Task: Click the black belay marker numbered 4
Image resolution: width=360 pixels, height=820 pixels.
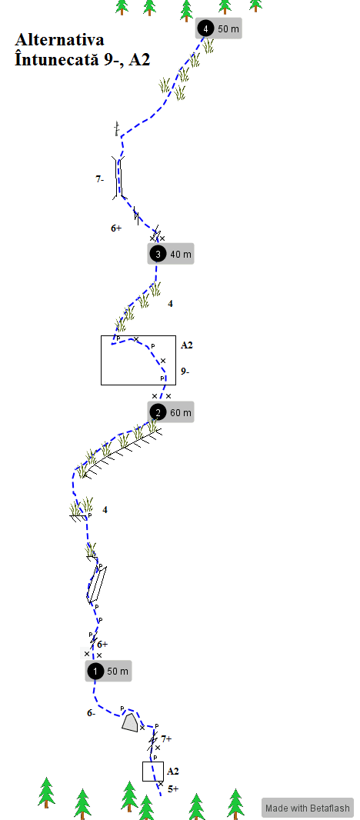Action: [x=205, y=28]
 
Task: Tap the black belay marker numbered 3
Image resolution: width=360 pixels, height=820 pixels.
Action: [x=158, y=254]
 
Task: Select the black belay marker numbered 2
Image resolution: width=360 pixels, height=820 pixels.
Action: [x=158, y=412]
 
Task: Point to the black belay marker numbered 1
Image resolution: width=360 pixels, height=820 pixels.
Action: [x=95, y=671]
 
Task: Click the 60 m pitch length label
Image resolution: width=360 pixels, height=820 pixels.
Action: [x=181, y=412]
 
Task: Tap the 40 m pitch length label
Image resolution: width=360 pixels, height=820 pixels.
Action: [x=181, y=255]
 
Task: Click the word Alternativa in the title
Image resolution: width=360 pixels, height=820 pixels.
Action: [x=59, y=40]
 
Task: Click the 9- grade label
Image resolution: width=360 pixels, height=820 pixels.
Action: [x=185, y=372]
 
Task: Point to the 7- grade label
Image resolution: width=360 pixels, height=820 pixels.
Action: [x=100, y=179]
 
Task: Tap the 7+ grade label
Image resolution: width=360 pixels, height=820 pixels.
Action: [x=166, y=739]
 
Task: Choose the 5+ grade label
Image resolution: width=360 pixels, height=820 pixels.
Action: [x=173, y=788]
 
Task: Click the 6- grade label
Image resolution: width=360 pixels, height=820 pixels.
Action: [x=92, y=712]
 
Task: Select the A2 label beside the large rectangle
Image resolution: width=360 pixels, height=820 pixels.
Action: [x=188, y=345]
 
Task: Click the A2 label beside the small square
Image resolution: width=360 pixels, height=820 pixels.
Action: [x=173, y=771]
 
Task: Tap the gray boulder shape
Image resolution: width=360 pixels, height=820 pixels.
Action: [x=130, y=723]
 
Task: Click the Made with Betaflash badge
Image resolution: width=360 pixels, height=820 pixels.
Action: [x=308, y=808]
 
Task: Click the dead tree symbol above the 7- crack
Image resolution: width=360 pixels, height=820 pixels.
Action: [x=117, y=128]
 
